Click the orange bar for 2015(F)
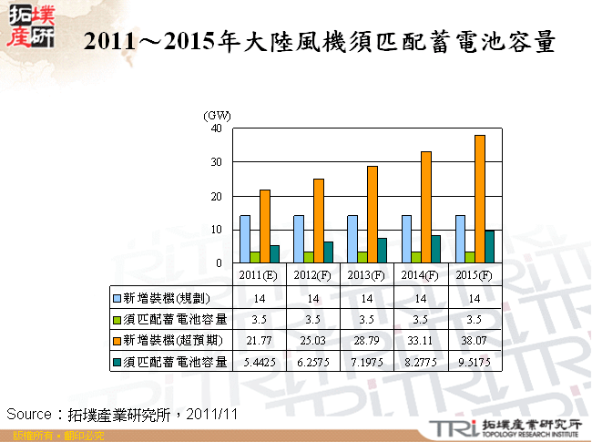479,199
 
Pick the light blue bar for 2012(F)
298,239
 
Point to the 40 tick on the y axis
216,128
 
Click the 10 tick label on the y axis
216,230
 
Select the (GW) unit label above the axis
217,116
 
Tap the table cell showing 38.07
474,340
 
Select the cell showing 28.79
366,340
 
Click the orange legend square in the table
117,340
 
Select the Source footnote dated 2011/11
122,414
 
